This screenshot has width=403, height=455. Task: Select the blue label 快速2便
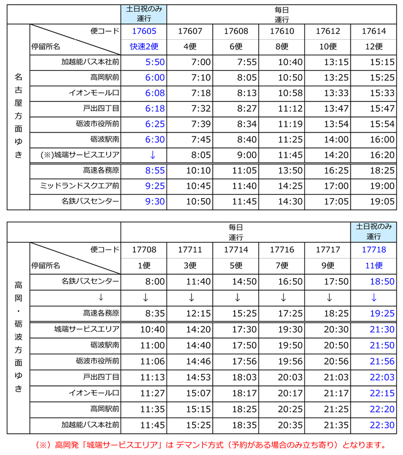point(144,47)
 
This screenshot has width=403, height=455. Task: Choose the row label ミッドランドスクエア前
point(79,186)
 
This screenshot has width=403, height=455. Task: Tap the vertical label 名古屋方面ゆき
point(18,115)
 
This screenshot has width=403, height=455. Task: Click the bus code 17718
point(374,249)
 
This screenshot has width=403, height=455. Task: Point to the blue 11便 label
point(374,266)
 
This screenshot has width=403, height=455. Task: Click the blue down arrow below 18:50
point(374,297)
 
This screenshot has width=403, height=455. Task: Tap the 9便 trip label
point(327,266)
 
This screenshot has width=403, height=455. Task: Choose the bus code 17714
point(236,249)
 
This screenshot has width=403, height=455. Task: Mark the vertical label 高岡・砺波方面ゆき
point(18,337)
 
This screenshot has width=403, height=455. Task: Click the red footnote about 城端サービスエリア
point(210,445)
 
